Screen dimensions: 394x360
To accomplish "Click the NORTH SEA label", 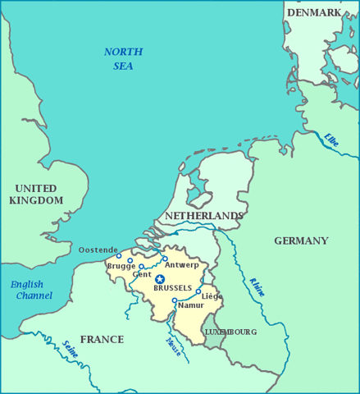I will point(123,58).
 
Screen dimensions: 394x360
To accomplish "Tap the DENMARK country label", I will point(314,12).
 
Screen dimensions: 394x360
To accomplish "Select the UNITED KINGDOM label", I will point(36,194).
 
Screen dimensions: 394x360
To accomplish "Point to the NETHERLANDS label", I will point(203,215).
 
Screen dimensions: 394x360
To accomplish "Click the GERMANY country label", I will point(301,241).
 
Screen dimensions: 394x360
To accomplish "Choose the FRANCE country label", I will point(102,339).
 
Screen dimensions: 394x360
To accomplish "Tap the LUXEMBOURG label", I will point(230,332).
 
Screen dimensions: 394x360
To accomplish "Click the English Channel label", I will point(32,290).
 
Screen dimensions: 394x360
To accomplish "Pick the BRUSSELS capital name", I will point(172,288).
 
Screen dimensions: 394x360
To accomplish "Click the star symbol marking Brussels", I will point(160,279).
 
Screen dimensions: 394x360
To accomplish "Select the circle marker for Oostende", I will point(118,256).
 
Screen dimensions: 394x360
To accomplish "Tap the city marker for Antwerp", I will point(165,259).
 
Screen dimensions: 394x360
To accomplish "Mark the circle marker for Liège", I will point(198,291).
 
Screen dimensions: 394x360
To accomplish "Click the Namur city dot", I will point(175,300).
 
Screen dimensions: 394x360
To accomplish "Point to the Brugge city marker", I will point(130,261).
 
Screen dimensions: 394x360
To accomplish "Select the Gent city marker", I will point(141,267).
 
